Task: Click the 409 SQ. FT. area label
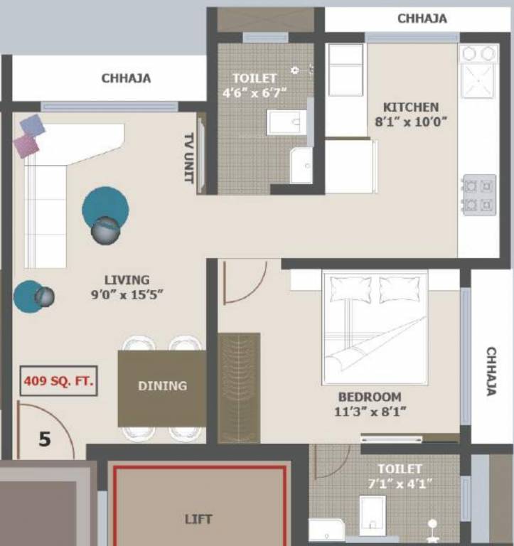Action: coord(58,380)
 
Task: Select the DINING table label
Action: coord(162,386)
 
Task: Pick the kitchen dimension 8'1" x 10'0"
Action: coord(411,122)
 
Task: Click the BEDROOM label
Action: coord(369,397)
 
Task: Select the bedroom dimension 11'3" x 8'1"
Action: coord(369,411)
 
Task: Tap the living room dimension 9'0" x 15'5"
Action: coord(127,294)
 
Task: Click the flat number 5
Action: coord(45,439)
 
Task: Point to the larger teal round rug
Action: coord(105,208)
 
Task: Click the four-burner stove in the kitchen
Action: coord(478,195)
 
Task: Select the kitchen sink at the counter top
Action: coord(478,80)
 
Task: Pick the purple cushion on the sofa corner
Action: coord(26,145)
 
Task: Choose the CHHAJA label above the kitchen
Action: coord(422,18)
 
